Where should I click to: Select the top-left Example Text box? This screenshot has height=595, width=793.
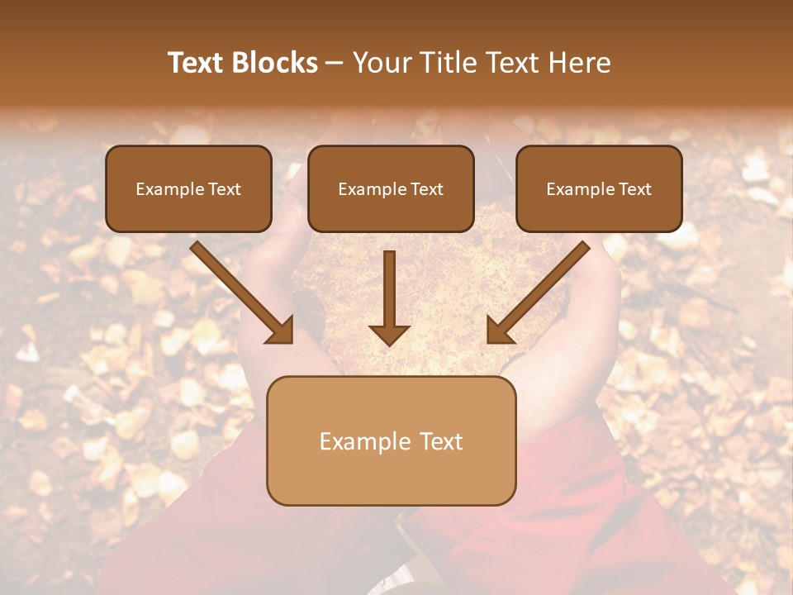188,189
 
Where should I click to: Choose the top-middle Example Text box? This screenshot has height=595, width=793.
391,189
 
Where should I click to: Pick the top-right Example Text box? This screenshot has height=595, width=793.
599,189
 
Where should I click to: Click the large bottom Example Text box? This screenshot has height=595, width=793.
391,441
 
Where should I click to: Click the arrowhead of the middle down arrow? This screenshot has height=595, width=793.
389,334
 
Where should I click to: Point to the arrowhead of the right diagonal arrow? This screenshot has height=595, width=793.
498,331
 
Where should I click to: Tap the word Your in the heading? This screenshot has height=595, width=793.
381,63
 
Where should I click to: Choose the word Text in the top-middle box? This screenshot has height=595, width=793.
427,189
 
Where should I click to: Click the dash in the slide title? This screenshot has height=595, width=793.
335,63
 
